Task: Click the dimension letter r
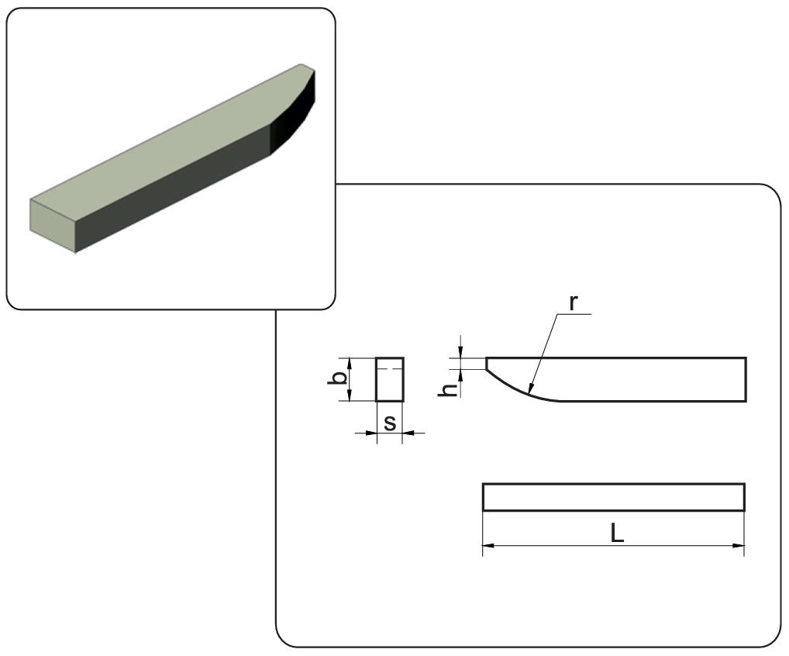(x=573, y=303)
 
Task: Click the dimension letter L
(x=618, y=533)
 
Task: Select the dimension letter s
(x=390, y=423)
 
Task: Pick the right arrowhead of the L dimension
(x=739, y=545)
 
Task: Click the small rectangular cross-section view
(x=390, y=380)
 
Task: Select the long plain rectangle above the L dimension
(x=614, y=497)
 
